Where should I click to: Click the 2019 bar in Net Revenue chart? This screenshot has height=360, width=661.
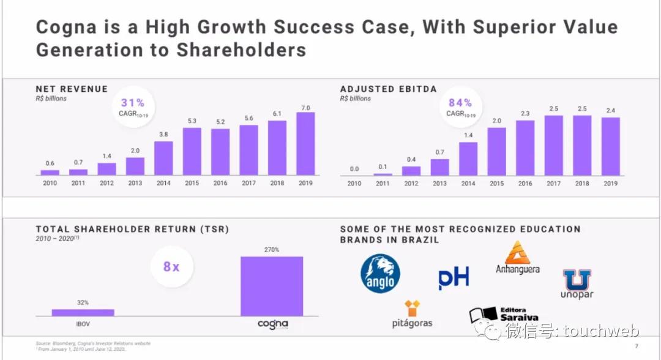[305, 144]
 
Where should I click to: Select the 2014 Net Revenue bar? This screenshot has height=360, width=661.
[163, 158]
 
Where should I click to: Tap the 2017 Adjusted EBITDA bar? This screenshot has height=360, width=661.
[553, 146]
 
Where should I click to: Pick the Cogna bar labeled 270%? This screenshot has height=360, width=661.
[272, 286]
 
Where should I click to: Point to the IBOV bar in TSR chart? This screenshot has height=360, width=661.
[83, 312]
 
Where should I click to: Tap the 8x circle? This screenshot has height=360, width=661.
[171, 267]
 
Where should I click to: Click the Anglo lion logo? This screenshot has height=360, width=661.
[380, 274]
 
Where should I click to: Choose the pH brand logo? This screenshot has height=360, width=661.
[454, 279]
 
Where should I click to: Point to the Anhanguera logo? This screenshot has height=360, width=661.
[518, 258]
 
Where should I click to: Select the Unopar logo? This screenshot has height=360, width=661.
[577, 284]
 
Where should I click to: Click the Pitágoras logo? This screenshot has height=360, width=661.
[412, 313]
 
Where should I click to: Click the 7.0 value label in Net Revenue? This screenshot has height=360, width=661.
[305, 108]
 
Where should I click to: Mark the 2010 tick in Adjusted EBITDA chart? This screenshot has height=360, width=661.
[354, 183]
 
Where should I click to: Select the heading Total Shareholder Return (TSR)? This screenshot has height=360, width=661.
[132, 230]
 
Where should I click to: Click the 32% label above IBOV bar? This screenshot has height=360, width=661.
[83, 302]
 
